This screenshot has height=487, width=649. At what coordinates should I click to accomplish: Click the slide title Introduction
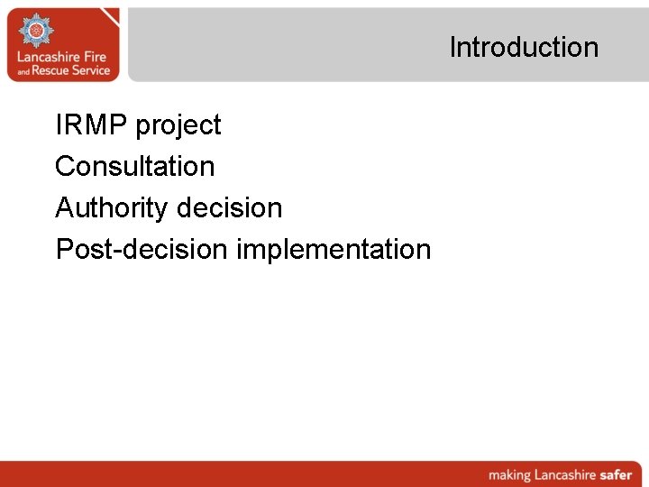[x=524, y=47]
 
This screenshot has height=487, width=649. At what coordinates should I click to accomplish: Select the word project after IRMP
[x=178, y=126]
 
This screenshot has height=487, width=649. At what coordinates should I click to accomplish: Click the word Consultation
[x=135, y=166]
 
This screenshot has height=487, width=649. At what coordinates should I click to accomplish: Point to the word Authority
[x=112, y=208]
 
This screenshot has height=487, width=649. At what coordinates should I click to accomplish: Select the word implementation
[x=334, y=250]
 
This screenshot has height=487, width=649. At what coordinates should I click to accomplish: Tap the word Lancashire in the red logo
[x=50, y=57]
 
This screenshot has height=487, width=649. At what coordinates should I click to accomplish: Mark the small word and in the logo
[x=22, y=72]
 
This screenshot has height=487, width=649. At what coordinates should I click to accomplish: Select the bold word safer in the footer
[x=617, y=474]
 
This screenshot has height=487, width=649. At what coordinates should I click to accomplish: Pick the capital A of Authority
[x=64, y=207]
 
